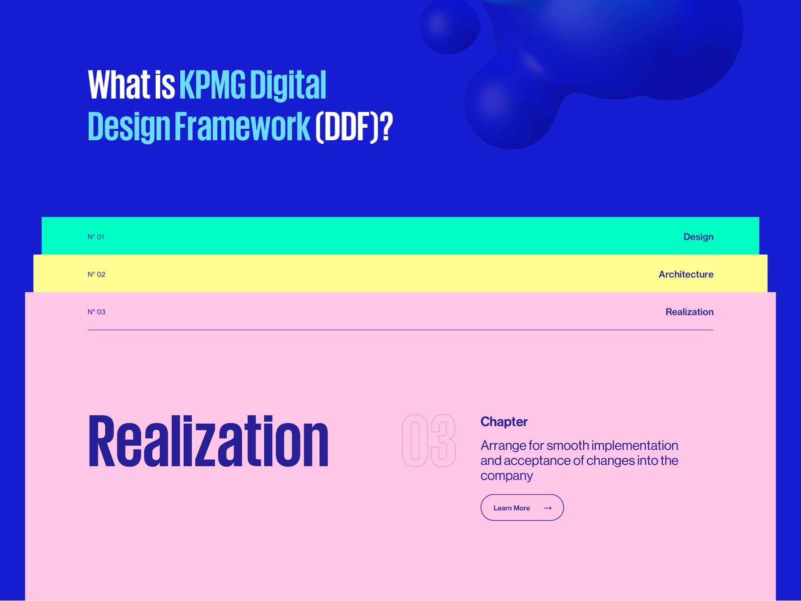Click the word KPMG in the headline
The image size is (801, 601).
pos(212,85)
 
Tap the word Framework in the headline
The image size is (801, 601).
pos(242,126)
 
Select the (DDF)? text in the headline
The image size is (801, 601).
pos(354,127)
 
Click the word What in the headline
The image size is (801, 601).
pos(119,85)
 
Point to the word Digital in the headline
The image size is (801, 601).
pos(288,85)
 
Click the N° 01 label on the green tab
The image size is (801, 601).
pos(96,237)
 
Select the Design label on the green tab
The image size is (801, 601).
pos(698,237)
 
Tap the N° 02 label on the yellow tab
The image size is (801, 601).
pos(96,274)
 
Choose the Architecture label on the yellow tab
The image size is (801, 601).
pos(686,274)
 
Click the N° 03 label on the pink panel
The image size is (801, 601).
pos(96,312)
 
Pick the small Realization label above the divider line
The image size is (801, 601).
pos(689,312)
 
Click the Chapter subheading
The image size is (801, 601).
pos(504,422)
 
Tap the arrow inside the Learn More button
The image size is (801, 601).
pos(548,508)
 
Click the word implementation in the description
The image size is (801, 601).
pos(635,446)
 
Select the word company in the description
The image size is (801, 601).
pos(507,476)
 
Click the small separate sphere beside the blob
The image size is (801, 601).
pos(450,26)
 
